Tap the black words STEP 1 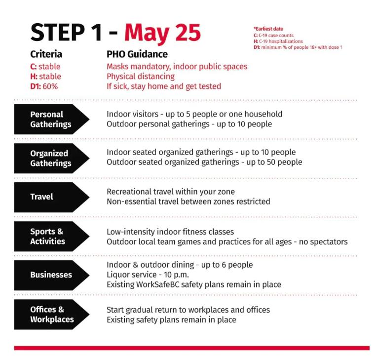click(66, 32)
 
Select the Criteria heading click(46, 54)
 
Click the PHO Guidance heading click(137, 54)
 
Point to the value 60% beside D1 click(50, 86)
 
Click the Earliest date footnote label click(268, 29)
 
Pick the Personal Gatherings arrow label click(51, 119)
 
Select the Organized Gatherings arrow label click(51, 158)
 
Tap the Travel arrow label click(41, 197)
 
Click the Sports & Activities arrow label click(47, 236)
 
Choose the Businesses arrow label click(51, 275)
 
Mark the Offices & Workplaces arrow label click(52, 314)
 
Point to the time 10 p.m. click(176, 275)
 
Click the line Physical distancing click(141, 77)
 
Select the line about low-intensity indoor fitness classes click(170, 232)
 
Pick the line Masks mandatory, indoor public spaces click(177, 67)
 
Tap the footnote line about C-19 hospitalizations click(278, 41)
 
